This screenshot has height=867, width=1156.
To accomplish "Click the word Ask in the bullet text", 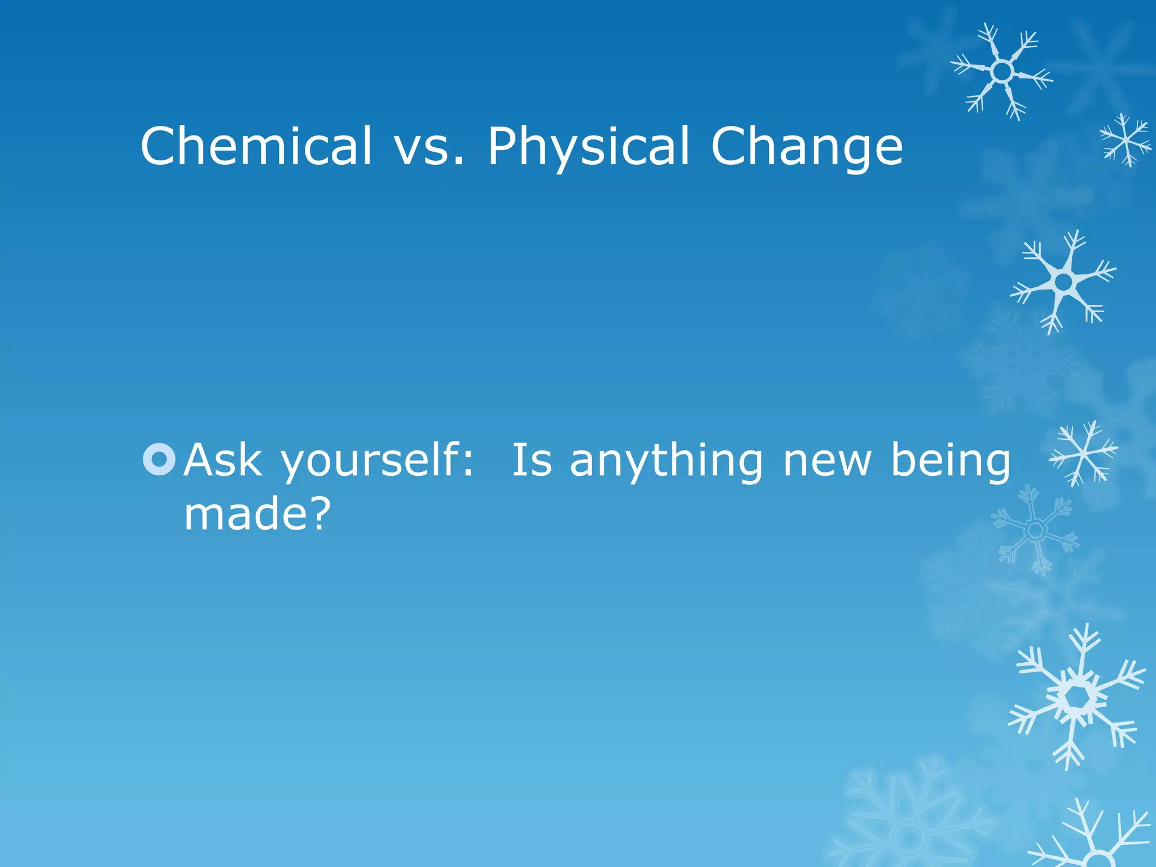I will coord(224,460).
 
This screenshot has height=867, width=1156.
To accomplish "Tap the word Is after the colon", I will coord(531,460).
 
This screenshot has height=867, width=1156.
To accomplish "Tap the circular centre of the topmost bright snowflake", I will coord(1002,72).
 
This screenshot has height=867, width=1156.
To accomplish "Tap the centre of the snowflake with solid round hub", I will coord(1063,281).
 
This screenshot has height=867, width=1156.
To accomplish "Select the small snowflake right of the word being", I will coord(1083,453).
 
